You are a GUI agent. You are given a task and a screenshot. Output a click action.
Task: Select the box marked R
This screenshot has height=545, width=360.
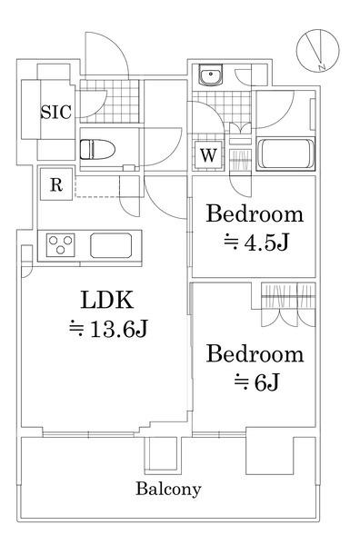tap(55, 186)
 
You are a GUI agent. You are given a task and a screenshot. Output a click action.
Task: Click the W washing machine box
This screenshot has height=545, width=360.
tap(208, 154)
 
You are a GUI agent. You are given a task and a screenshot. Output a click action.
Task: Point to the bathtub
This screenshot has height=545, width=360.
tap(285, 154)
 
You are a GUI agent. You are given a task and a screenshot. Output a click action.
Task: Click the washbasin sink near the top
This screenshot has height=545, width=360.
tap(210, 76)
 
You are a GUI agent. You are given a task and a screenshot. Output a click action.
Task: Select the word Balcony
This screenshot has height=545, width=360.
tap(168, 489)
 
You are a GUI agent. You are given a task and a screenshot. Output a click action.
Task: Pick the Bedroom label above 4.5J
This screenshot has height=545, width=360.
tap(254, 215)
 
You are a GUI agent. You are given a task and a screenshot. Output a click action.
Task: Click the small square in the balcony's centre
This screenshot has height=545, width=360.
tap(160, 452)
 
